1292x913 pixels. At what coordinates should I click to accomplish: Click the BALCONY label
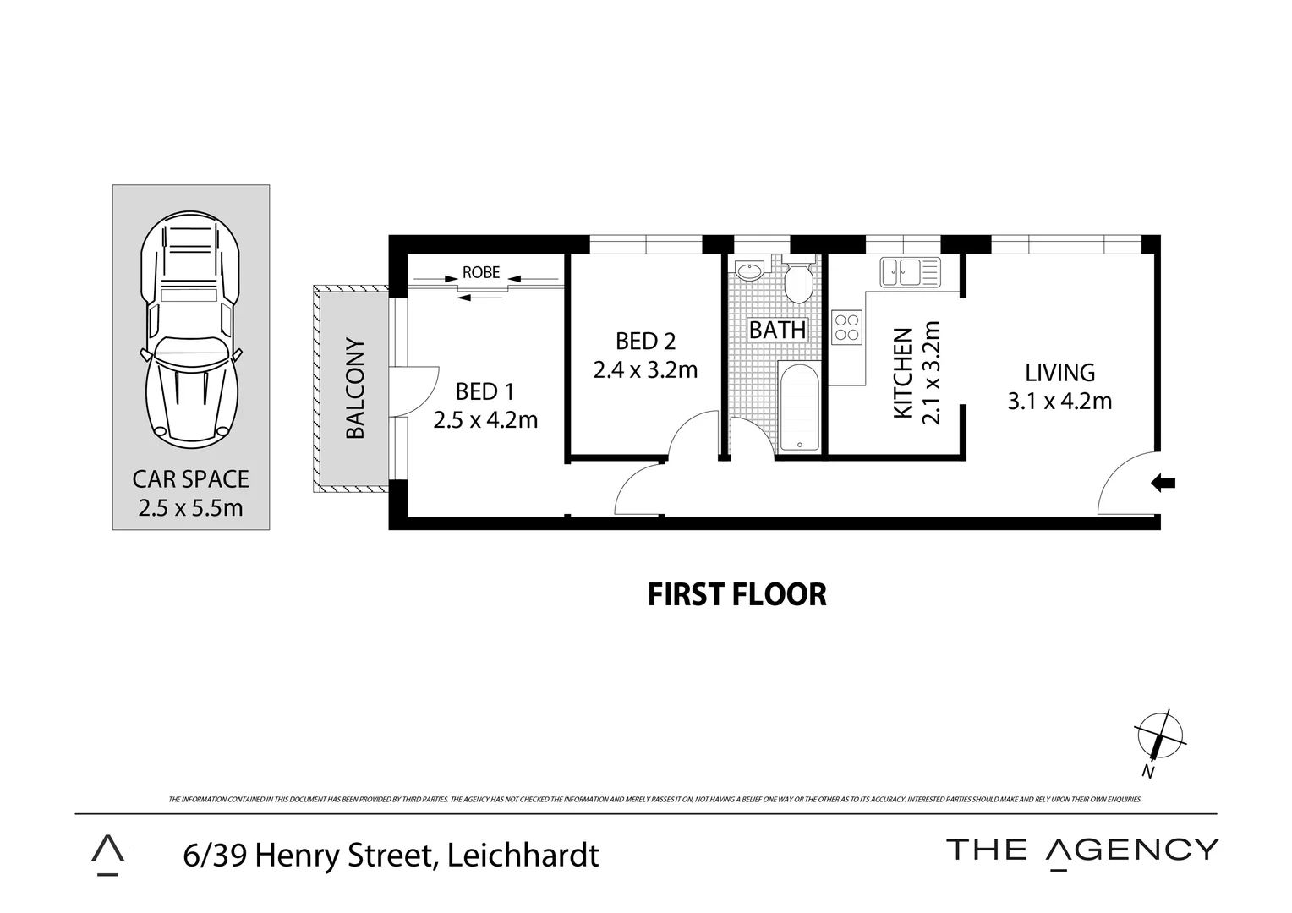coord(355,389)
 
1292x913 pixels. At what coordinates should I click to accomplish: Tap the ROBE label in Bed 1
coord(480,273)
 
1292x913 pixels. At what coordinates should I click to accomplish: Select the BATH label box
coord(778,329)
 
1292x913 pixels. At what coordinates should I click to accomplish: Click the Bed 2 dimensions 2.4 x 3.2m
coord(645,369)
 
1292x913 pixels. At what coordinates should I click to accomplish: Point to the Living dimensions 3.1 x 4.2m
coord(1059,401)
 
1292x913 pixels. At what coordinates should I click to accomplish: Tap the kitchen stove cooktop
coord(846,327)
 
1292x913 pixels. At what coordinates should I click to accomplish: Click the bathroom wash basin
coord(749,271)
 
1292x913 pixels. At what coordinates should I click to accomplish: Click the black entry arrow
coord(1163,483)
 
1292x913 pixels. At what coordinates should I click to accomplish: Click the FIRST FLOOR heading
coord(736,594)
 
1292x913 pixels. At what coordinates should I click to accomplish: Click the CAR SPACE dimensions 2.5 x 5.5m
coord(190,508)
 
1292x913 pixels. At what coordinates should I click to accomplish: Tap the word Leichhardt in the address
coord(523,855)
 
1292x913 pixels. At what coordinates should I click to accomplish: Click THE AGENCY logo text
coord(1082,850)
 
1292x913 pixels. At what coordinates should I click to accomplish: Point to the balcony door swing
coord(418,391)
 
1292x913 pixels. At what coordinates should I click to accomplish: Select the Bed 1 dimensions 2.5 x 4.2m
coord(485,419)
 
